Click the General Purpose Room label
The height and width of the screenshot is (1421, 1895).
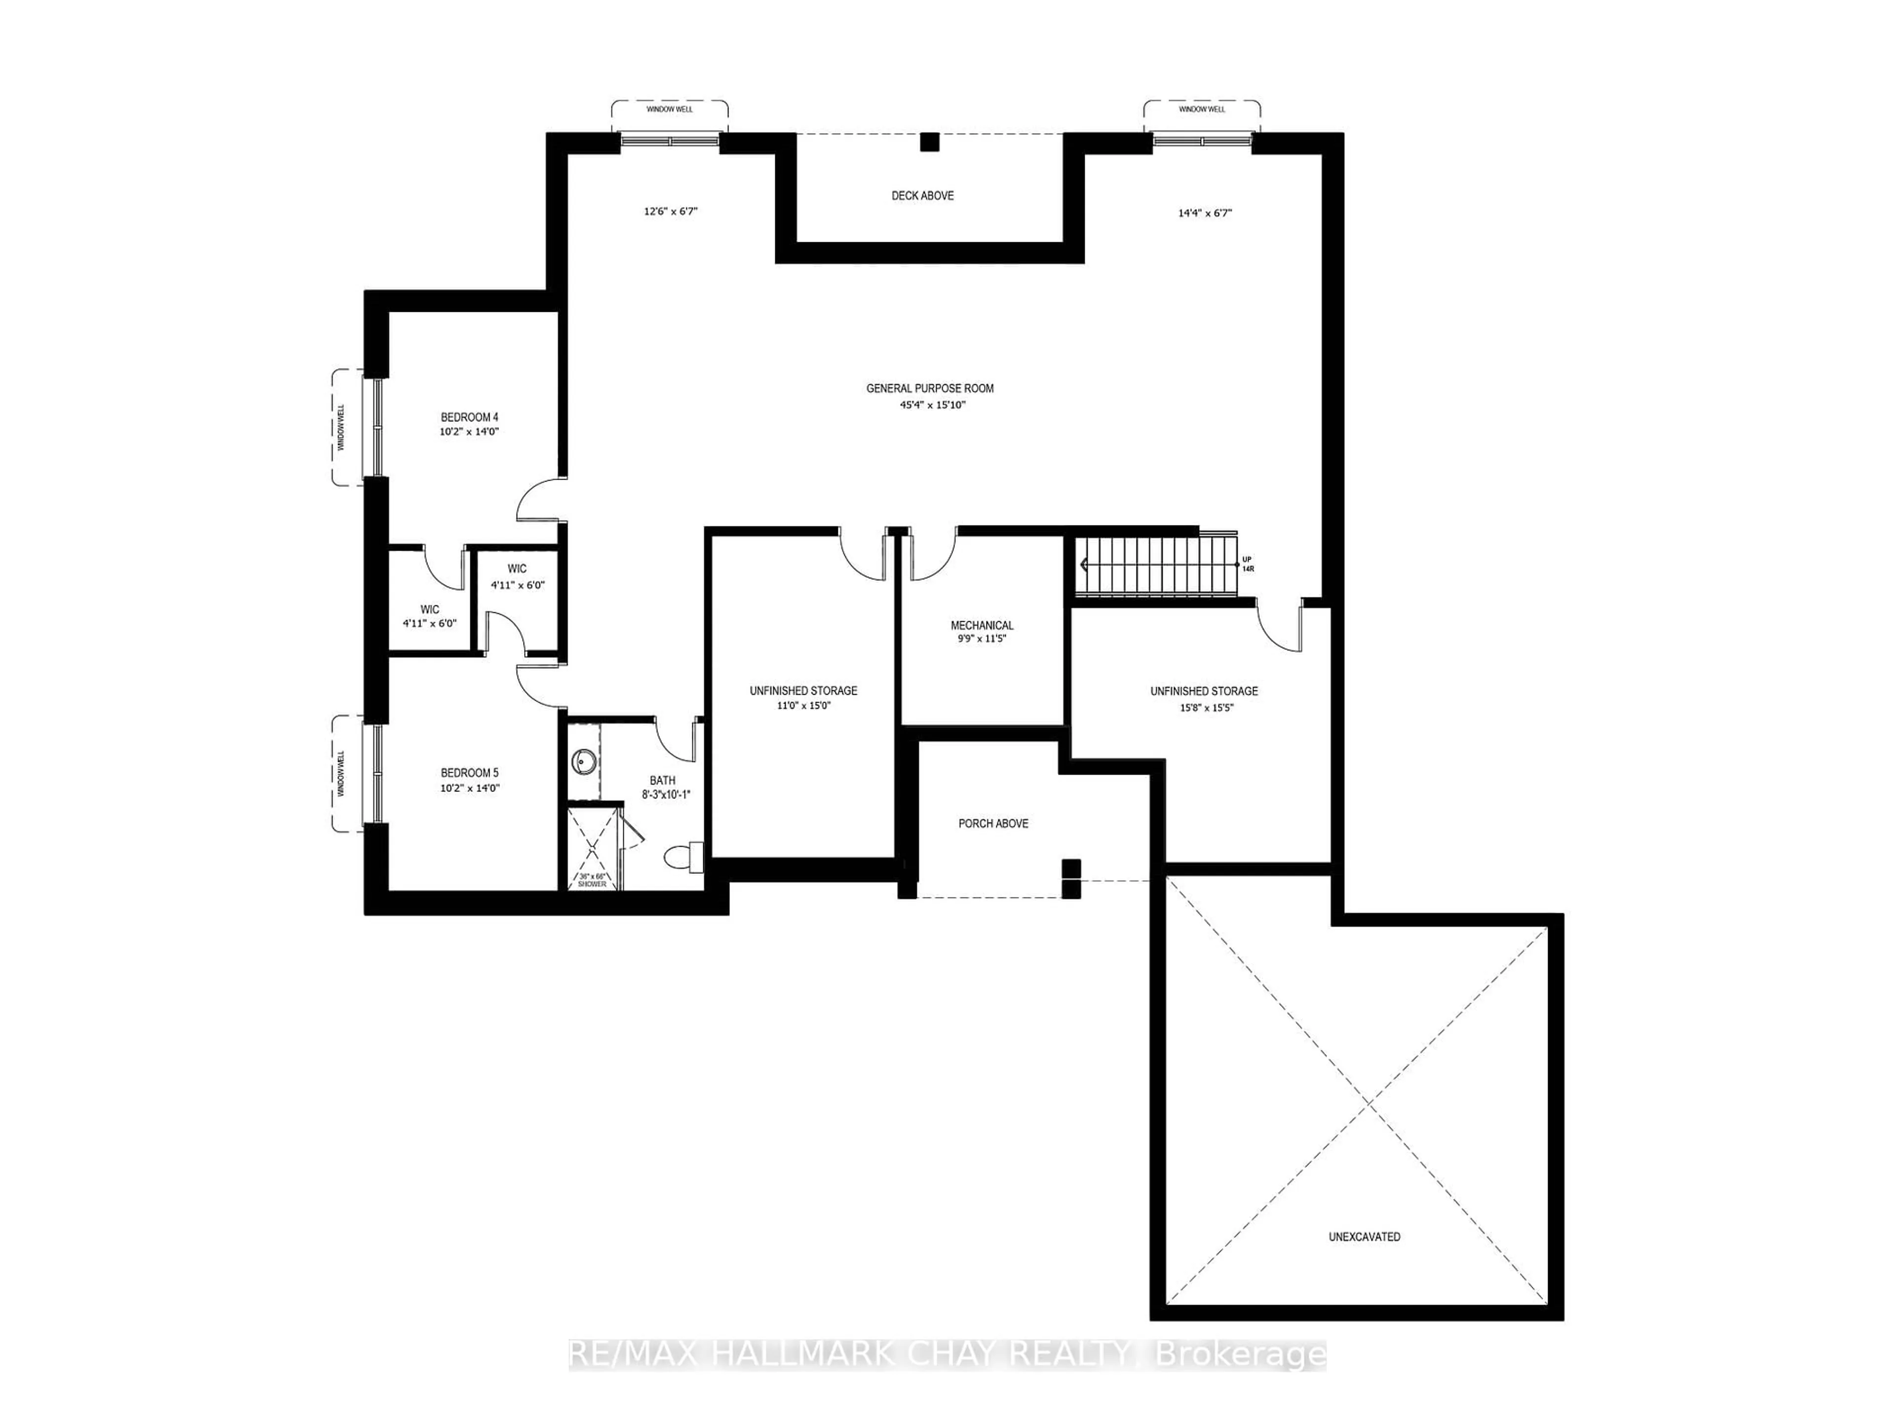[930, 388]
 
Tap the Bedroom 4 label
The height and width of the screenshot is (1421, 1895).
[469, 417]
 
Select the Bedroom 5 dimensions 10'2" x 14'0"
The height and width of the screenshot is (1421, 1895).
[469, 788]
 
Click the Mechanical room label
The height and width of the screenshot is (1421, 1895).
[982, 625]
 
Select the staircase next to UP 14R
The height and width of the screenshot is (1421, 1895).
[1152, 565]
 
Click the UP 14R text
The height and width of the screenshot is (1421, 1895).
[1248, 563]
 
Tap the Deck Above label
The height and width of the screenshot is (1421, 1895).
[923, 195]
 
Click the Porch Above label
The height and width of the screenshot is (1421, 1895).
[993, 823]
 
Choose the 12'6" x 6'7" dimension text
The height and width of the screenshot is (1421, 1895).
[671, 211]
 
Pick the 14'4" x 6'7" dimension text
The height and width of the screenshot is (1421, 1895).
[1205, 213]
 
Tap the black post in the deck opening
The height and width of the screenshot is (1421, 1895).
[930, 142]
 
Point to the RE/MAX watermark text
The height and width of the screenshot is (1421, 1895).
[947, 1354]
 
